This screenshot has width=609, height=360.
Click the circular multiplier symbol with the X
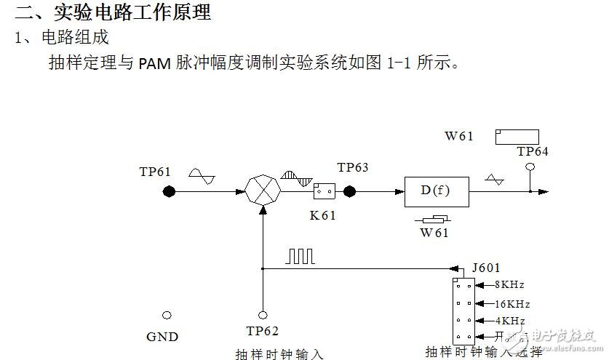click(262, 192)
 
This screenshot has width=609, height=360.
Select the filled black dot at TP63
click(349, 192)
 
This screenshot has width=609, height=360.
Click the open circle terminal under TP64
click(530, 167)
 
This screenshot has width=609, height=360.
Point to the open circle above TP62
click(262, 315)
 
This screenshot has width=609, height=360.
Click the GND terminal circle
click(167, 315)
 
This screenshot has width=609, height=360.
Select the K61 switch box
click(324, 192)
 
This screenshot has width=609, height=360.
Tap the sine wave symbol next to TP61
click(202, 174)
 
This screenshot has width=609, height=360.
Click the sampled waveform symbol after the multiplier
click(296, 177)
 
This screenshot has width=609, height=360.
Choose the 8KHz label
click(509, 285)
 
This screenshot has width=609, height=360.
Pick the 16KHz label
click(512, 303)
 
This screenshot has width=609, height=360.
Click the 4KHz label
click(509, 321)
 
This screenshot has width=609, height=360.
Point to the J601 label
click(485, 268)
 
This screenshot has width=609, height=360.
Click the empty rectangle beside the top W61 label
click(517, 137)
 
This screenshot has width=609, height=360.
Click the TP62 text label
click(262, 332)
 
